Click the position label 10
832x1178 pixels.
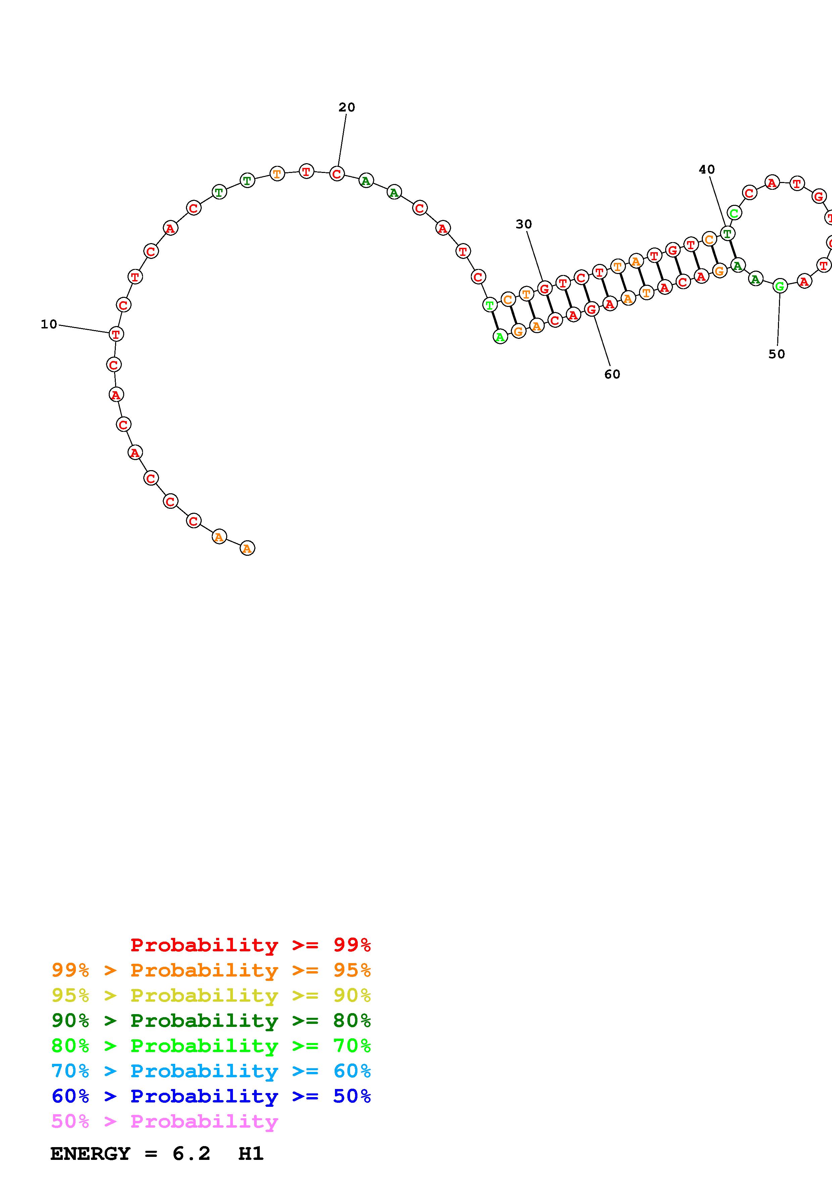pyautogui.click(x=49, y=324)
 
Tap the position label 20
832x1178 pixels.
pyautogui.click(x=347, y=107)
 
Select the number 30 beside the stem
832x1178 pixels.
pyautogui.click(x=523, y=224)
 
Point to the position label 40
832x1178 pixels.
pyautogui.click(x=706, y=169)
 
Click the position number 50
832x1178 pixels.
pyautogui.click(x=777, y=354)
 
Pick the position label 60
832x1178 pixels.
pyautogui.click(x=612, y=374)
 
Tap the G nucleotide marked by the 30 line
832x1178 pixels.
pyautogui.click(x=544, y=288)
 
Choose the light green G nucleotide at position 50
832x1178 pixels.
pyautogui.click(x=780, y=286)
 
